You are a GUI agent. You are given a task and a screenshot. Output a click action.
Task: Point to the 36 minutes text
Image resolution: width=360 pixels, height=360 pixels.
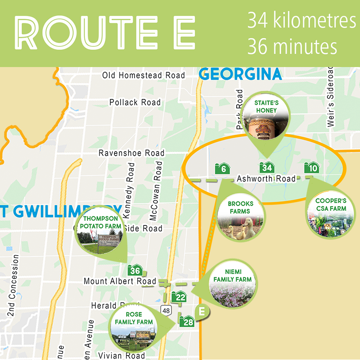292,46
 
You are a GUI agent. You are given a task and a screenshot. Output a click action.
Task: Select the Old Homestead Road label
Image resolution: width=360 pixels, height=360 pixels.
144,75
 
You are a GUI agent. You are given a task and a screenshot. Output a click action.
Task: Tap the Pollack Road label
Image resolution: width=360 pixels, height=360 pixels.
135,103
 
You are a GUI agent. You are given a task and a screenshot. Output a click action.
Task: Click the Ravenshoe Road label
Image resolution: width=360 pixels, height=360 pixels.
131,153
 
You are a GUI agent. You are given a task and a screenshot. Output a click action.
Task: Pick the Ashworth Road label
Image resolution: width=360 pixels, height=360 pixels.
266,179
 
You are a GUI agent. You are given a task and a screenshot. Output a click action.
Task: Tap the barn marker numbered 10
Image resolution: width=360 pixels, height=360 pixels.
311,168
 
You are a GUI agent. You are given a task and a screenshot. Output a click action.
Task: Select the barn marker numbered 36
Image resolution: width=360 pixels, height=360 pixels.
135,270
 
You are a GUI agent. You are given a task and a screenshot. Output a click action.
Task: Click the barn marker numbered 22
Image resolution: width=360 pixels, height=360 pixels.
180,297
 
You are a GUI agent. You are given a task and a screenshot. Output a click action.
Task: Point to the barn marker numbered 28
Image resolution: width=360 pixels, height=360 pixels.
187,321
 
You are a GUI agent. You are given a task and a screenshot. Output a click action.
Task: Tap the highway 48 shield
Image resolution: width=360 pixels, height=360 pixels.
166,310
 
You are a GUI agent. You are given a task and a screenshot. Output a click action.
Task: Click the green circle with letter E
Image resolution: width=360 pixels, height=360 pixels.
202,311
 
